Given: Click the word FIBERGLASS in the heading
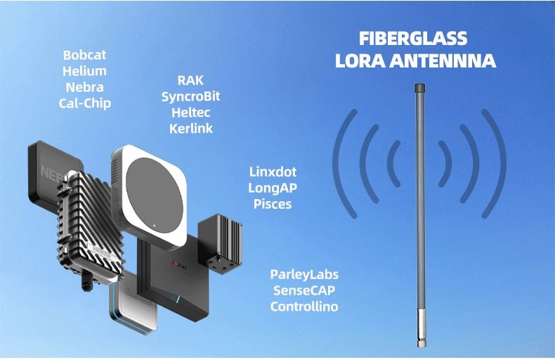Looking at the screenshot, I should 413,39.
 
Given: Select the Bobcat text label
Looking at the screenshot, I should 84,54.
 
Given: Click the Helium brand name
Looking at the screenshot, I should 84,71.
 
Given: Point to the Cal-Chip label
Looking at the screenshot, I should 84,103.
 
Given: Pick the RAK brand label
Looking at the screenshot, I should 190,81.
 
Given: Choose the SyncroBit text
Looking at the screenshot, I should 190,97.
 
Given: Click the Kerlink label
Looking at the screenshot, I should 190,129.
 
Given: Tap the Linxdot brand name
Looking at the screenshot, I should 273,172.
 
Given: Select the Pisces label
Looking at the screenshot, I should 273,205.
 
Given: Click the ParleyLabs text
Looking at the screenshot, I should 304,274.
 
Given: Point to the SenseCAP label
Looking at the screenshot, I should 304,290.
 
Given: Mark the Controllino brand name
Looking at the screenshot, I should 304,307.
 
